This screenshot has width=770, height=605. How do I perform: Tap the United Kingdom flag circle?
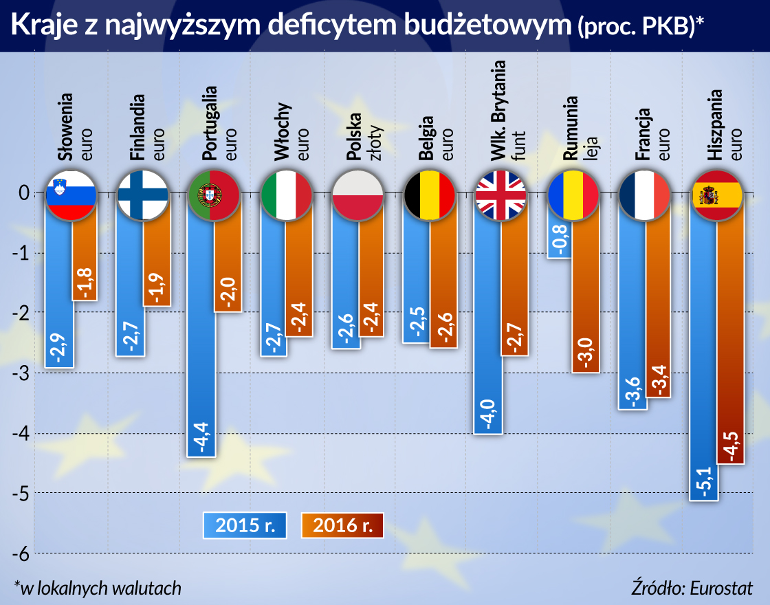500,195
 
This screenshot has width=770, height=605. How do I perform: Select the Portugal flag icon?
213,195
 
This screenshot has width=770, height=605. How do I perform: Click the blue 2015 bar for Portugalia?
201,344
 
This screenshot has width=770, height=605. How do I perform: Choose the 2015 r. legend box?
244,525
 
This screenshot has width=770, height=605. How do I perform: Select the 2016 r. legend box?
342,525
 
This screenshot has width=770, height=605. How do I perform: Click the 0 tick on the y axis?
23,194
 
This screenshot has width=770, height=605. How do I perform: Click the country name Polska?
354,138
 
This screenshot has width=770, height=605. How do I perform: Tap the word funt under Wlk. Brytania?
519,146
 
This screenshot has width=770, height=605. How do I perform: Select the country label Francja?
643,135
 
